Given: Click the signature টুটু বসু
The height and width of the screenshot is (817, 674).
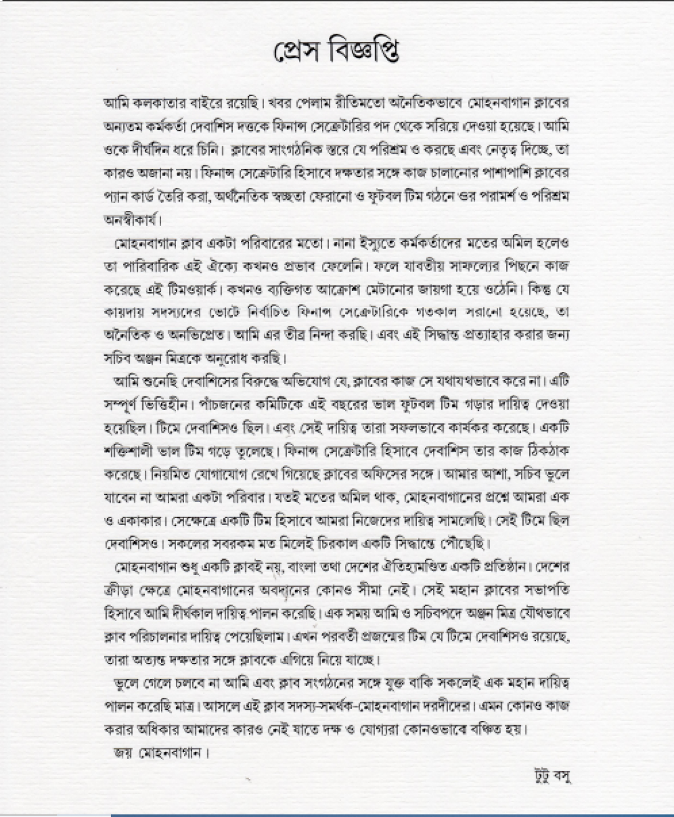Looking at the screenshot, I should coord(549,776).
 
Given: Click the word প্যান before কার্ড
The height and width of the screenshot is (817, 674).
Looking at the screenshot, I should coord(115,197).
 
